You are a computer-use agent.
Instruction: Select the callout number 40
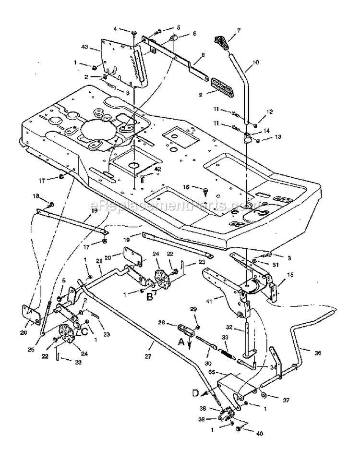coord(260,434)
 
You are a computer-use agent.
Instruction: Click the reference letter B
coord(149,297)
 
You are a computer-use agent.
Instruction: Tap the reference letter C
coord(84,330)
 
